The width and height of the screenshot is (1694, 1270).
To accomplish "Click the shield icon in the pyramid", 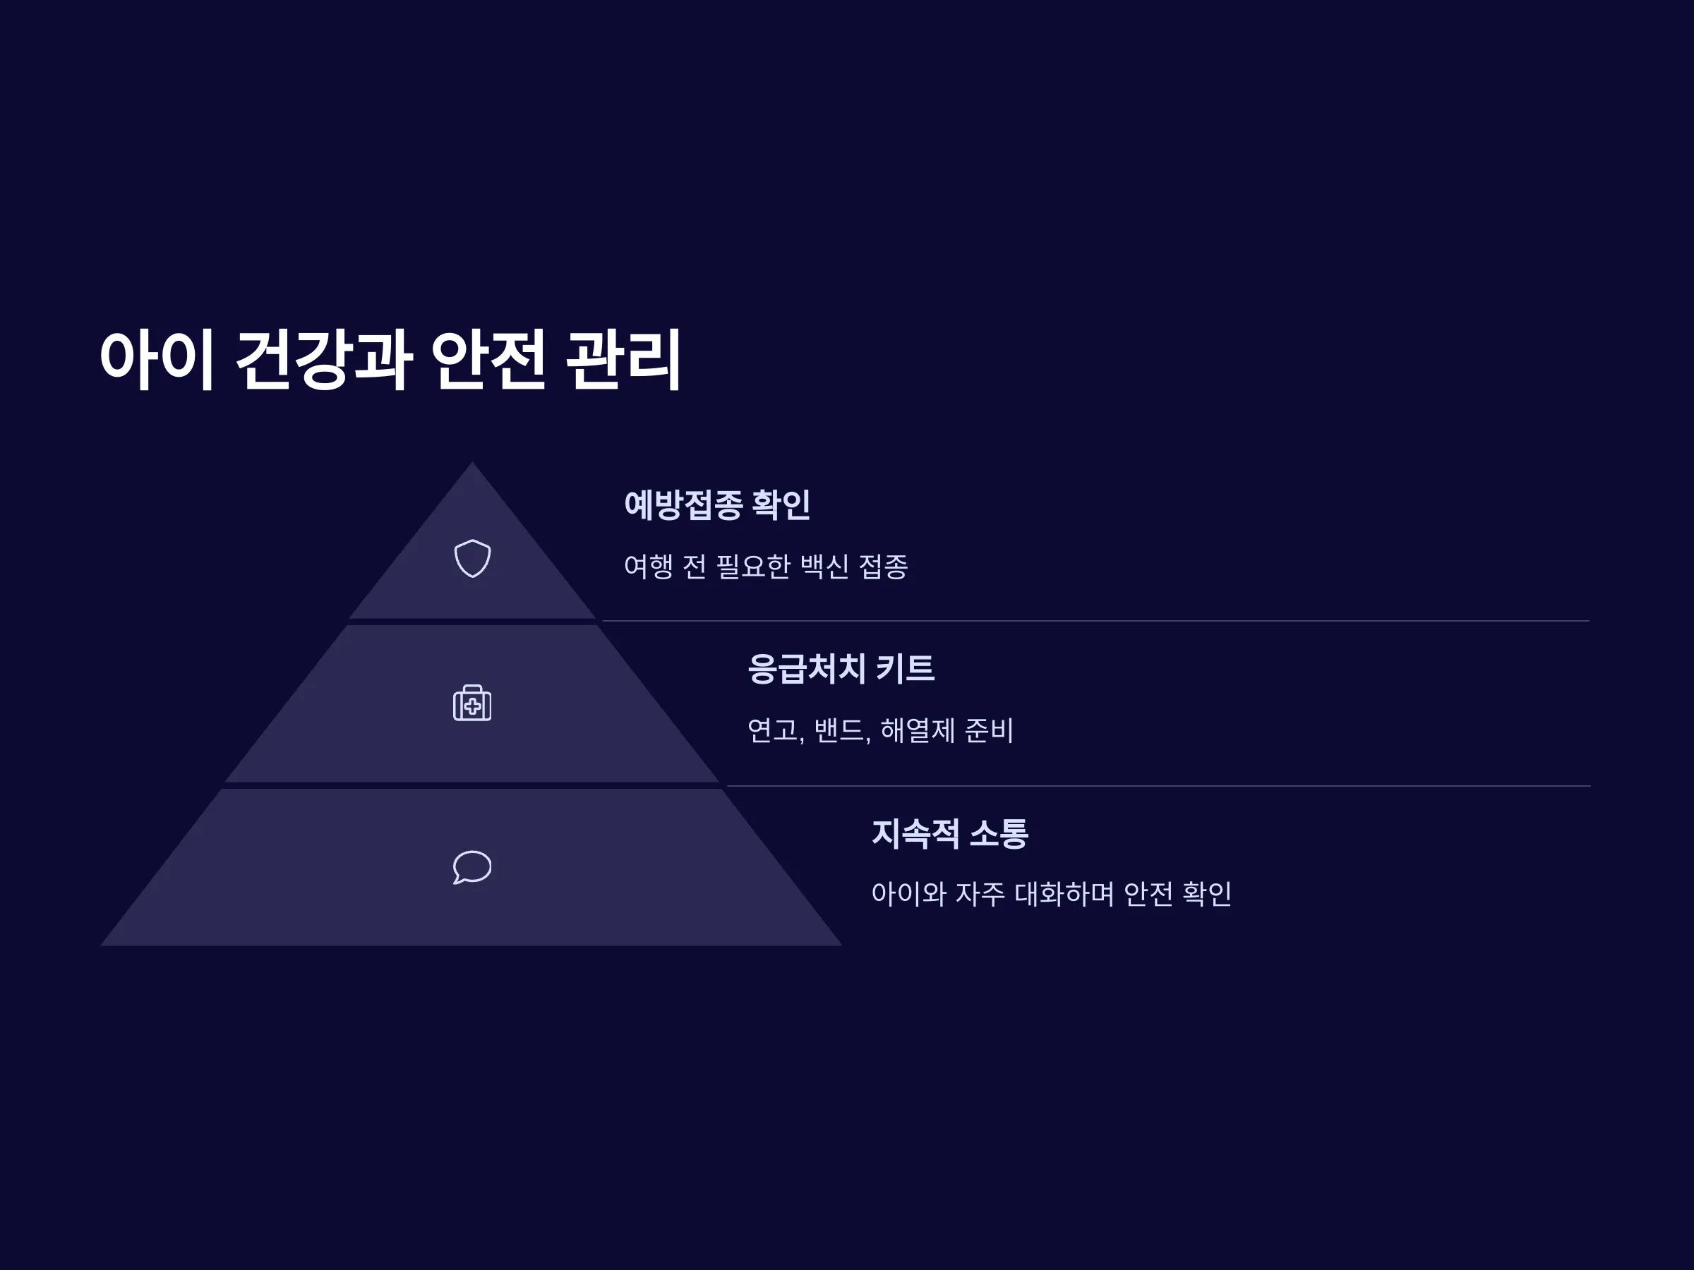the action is tap(471, 559).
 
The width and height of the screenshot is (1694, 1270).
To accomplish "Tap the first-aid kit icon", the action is tap(471, 703).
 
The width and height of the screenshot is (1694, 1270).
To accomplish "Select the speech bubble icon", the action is tap(471, 867).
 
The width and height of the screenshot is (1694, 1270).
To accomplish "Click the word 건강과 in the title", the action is tap(324, 360).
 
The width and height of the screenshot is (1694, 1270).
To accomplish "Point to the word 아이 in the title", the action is tap(156, 360).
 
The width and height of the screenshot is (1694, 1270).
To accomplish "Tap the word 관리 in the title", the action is tap(623, 360).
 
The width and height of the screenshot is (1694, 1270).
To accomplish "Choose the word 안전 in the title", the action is tap(488, 360).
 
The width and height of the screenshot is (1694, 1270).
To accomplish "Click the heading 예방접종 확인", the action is tap(717, 505).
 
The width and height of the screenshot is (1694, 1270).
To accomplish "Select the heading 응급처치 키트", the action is tap(841, 668).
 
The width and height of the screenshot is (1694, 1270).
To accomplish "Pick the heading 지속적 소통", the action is tap(949, 833).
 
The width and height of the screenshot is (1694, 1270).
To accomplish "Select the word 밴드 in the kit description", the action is tap(839, 730).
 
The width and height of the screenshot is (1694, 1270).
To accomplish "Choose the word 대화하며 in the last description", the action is tap(1064, 894).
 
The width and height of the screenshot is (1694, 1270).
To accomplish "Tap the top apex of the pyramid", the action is tap(471, 462).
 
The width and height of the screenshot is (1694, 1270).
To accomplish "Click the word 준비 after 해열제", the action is tap(989, 730).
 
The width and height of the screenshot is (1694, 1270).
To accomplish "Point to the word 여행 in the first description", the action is tap(649, 567).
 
